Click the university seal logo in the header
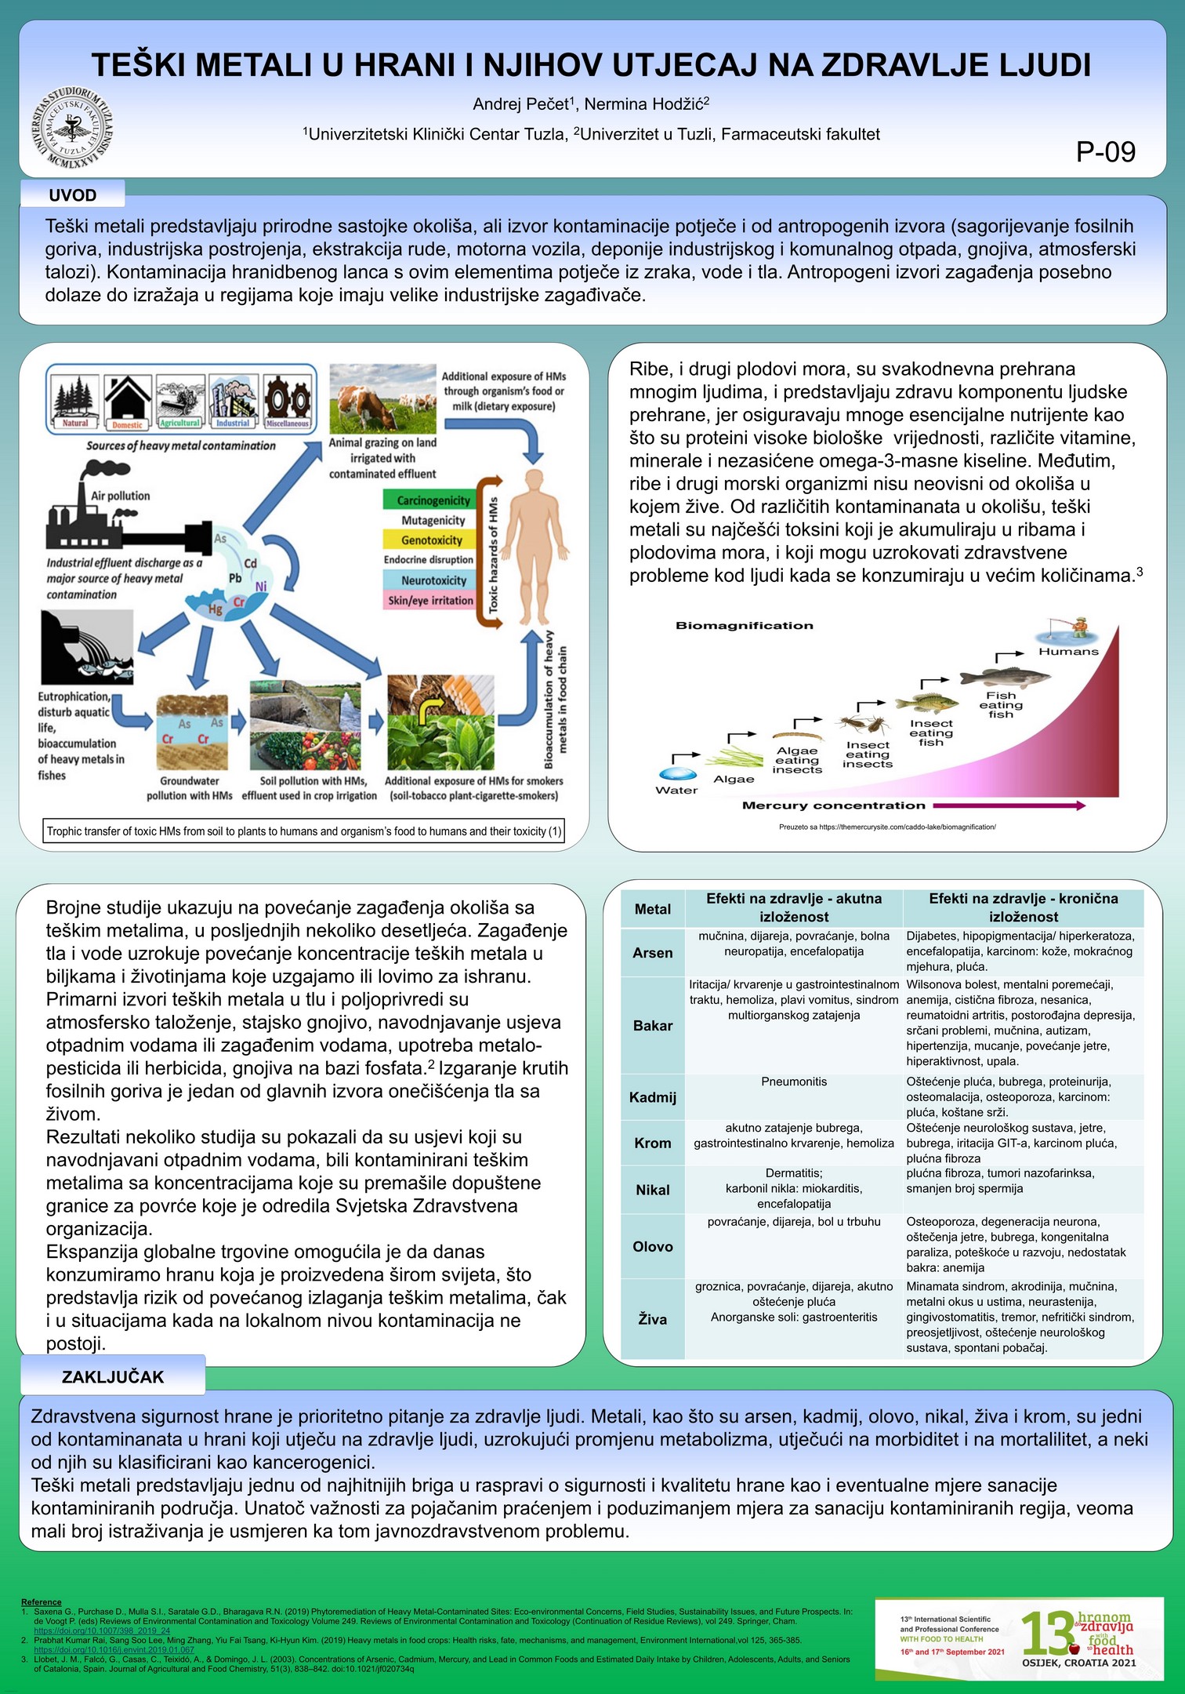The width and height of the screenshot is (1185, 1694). click(x=73, y=126)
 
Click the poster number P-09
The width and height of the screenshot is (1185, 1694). click(x=1105, y=152)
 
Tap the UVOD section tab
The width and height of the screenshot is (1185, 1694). click(x=73, y=195)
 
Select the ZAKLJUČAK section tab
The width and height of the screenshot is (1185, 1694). click(x=113, y=1377)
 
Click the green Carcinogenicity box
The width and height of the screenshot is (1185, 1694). click(x=433, y=500)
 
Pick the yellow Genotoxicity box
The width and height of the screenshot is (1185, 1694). click(x=431, y=540)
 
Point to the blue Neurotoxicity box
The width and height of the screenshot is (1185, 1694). click(x=433, y=580)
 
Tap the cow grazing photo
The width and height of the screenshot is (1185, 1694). click(x=382, y=398)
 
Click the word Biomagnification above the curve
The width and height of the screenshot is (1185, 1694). click(x=744, y=626)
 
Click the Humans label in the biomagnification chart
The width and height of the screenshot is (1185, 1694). click(x=1068, y=652)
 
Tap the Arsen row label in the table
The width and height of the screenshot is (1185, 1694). click(x=653, y=953)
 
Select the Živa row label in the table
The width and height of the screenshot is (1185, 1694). click(x=653, y=1319)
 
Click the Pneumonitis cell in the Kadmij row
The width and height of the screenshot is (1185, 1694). click(x=794, y=1081)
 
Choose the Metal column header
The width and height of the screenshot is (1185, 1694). click(x=653, y=909)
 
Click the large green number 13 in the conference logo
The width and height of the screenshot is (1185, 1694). click(x=1049, y=1634)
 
